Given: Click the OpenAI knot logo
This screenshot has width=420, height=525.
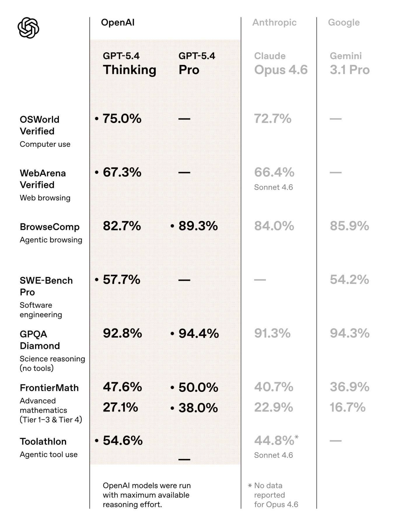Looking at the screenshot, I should pyautogui.click(x=28, y=28).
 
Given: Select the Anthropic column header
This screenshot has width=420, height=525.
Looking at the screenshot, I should pyautogui.click(x=274, y=22).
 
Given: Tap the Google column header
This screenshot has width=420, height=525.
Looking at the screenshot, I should pyautogui.click(x=344, y=22).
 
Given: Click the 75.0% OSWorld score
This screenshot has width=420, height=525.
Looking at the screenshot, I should pyautogui.click(x=122, y=119).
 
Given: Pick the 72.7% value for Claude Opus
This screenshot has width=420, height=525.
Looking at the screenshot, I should pyautogui.click(x=272, y=119).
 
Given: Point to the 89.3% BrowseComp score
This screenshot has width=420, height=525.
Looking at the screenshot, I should pyautogui.click(x=198, y=226).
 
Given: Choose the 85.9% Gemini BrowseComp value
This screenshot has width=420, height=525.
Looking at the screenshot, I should pyautogui.click(x=349, y=226).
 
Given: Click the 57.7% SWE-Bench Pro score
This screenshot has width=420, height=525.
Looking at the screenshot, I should pyautogui.click(x=121, y=280).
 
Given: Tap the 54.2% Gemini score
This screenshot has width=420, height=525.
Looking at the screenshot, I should pyautogui.click(x=349, y=280).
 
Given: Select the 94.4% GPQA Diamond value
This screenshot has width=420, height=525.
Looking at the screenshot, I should pyautogui.click(x=199, y=333).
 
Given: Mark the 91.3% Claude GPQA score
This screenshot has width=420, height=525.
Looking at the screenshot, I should pyautogui.click(x=272, y=333).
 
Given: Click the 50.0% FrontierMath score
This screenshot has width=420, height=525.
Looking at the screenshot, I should pyautogui.click(x=198, y=387).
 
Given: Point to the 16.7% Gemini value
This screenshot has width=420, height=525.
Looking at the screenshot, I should pyautogui.click(x=347, y=407).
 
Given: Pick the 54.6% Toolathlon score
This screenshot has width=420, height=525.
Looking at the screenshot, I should pyautogui.click(x=123, y=441).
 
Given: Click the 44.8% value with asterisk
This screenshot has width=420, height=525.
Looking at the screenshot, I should pyautogui.click(x=274, y=441).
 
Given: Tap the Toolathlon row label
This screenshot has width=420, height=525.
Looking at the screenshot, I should pyautogui.click(x=43, y=442).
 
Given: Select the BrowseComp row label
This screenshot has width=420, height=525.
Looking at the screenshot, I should pyautogui.click(x=50, y=227).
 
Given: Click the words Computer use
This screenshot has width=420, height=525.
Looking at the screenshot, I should pyautogui.click(x=45, y=144).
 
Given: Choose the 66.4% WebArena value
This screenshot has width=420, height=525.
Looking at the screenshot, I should pyautogui.click(x=274, y=172).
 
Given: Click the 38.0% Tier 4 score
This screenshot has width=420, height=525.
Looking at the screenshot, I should pyautogui.click(x=198, y=408).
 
